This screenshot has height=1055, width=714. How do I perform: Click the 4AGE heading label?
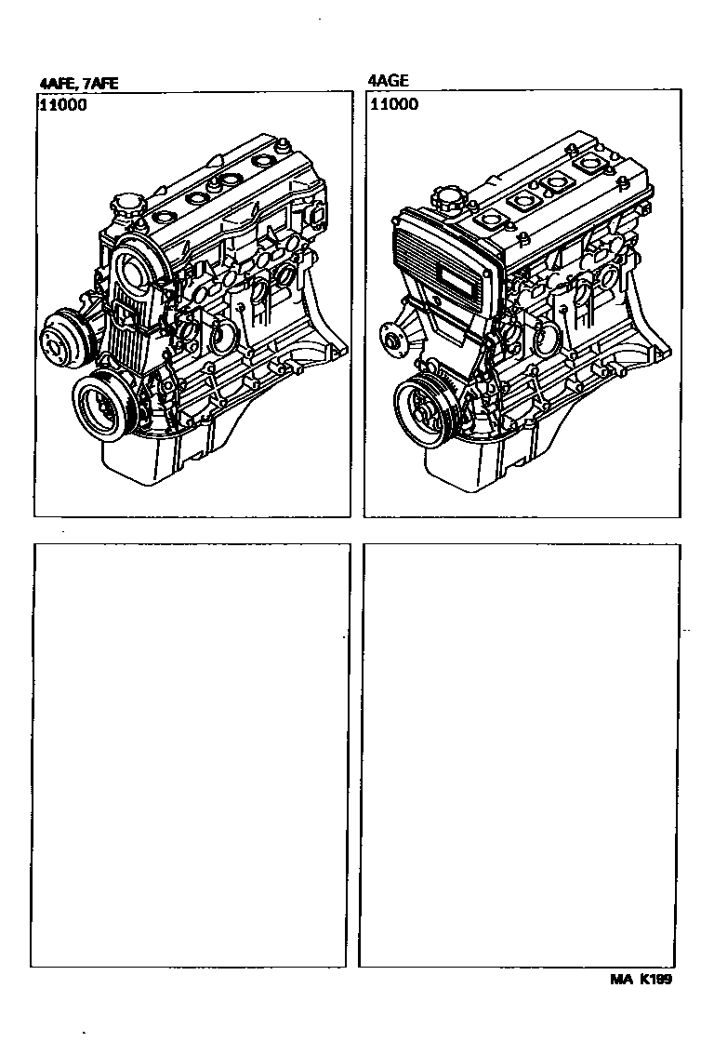coord(388,81)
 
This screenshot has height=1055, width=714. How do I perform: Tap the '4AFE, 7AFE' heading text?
coord(78,84)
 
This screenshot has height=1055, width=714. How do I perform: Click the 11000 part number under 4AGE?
coord(394,103)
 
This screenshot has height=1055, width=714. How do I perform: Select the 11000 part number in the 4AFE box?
coord(63,105)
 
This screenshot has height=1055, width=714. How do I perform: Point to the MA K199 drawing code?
coord(641,979)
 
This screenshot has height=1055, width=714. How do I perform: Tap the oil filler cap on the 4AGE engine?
coord(447,198)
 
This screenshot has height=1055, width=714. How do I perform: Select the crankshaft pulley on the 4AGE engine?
coord(426,411)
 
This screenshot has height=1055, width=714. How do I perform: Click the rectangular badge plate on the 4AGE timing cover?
coord(461,277)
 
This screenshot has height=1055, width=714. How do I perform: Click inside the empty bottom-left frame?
coord(189,755)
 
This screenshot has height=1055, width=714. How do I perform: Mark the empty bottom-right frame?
coord(519,755)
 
